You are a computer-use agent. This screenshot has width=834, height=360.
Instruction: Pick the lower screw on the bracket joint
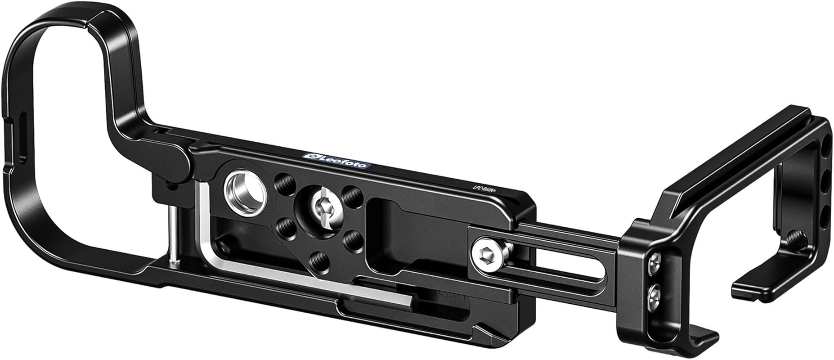(656, 296)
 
